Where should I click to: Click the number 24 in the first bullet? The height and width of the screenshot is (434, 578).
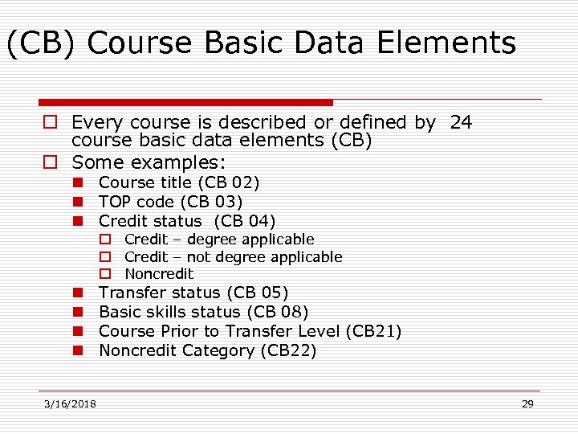[x=461, y=122]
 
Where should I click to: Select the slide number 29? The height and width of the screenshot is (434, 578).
[x=527, y=403]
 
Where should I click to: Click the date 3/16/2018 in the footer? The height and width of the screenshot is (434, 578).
[x=71, y=403]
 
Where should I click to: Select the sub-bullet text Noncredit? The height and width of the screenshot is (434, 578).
[x=159, y=274]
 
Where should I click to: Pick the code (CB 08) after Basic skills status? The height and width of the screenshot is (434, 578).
[x=278, y=312]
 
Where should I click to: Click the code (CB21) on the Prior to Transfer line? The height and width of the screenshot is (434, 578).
[x=373, y=331]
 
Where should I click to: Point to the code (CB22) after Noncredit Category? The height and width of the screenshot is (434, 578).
[x=288, y=350]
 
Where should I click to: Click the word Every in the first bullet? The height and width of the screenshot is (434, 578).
[x=94, y=122]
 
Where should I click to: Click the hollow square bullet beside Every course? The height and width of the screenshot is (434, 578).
[x=49, y=123]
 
